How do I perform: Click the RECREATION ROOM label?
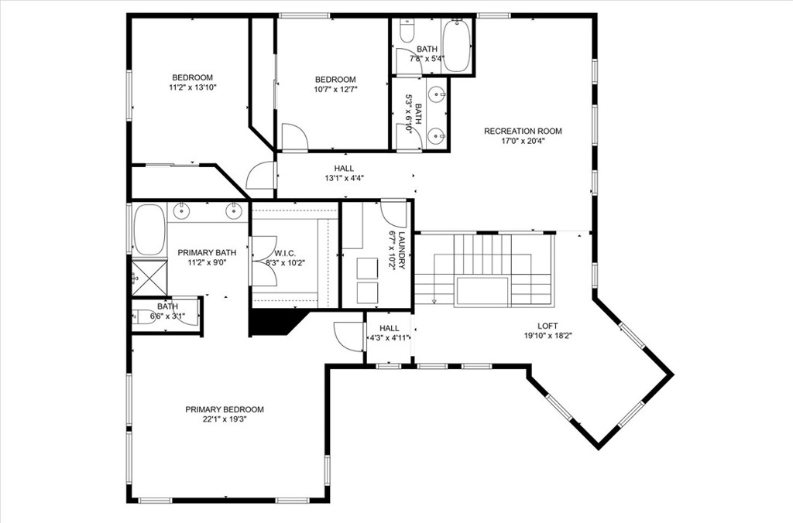click(x=523, y=131)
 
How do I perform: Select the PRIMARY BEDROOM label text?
click(x=224, y=409)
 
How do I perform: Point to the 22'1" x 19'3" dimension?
click(x=224, y=419)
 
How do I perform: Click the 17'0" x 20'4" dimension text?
click(x=523, y=141)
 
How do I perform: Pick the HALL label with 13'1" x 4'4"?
click(x=344, y=168)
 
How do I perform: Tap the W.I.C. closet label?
click(x=285, y=253)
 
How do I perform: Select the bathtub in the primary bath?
click(x=149, y=229)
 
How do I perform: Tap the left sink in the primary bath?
click(x=183, y=210)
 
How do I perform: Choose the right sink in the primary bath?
click(x=233, y=210)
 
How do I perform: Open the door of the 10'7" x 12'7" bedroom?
click(x=294, y=138)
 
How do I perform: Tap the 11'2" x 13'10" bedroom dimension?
click(x=192, y=87)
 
